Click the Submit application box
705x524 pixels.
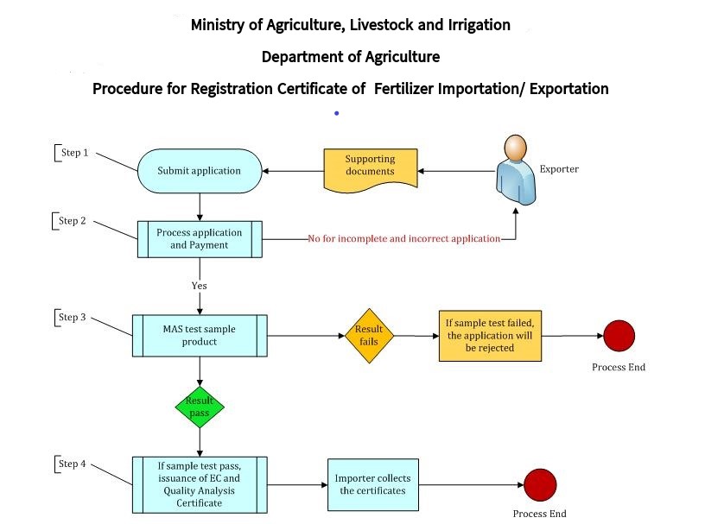click(x=200, y=171)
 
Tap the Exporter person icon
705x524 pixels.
click(x=515, y=168)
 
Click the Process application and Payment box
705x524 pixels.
click(x=200, y=239)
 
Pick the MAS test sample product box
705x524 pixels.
click(x=200, y=335)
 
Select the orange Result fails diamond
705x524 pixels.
click(x=368, y=335)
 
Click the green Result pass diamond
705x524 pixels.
click(x=200, y=407)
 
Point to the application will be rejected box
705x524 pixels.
click(x=491, y=335)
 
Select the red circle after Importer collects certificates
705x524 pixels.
click(x=540, y=484)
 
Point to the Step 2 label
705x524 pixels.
click(x=72, y=221)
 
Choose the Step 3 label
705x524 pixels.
click(x=72, y=317)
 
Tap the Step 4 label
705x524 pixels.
click(x=72, y=464)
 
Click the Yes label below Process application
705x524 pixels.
click(x=200, y=285)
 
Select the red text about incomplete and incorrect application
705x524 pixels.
click(x=404, y=238)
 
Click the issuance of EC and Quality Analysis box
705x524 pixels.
click(x=200, y=484)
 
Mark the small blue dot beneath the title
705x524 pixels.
click(x=336, y=113)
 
